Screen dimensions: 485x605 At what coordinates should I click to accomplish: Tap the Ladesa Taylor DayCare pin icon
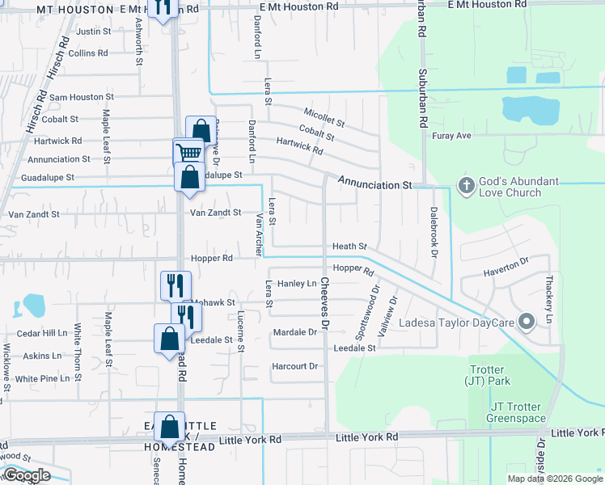[527, 323]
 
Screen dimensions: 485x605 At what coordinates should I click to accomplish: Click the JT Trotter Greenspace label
[517, 412]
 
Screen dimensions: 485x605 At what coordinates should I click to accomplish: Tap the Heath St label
[349, 246]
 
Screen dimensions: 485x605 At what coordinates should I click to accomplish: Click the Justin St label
[94, 32]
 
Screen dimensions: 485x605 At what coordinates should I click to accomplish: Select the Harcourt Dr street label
[294, 366]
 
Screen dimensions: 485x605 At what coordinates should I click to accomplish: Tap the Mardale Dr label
[294, 332]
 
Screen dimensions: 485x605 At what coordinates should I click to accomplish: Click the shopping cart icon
[188, 151]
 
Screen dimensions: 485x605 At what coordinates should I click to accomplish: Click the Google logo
[27, 475]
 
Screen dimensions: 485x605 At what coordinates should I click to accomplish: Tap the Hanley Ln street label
[297, 284]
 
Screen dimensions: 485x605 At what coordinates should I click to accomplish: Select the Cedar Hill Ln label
[42, 333]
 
